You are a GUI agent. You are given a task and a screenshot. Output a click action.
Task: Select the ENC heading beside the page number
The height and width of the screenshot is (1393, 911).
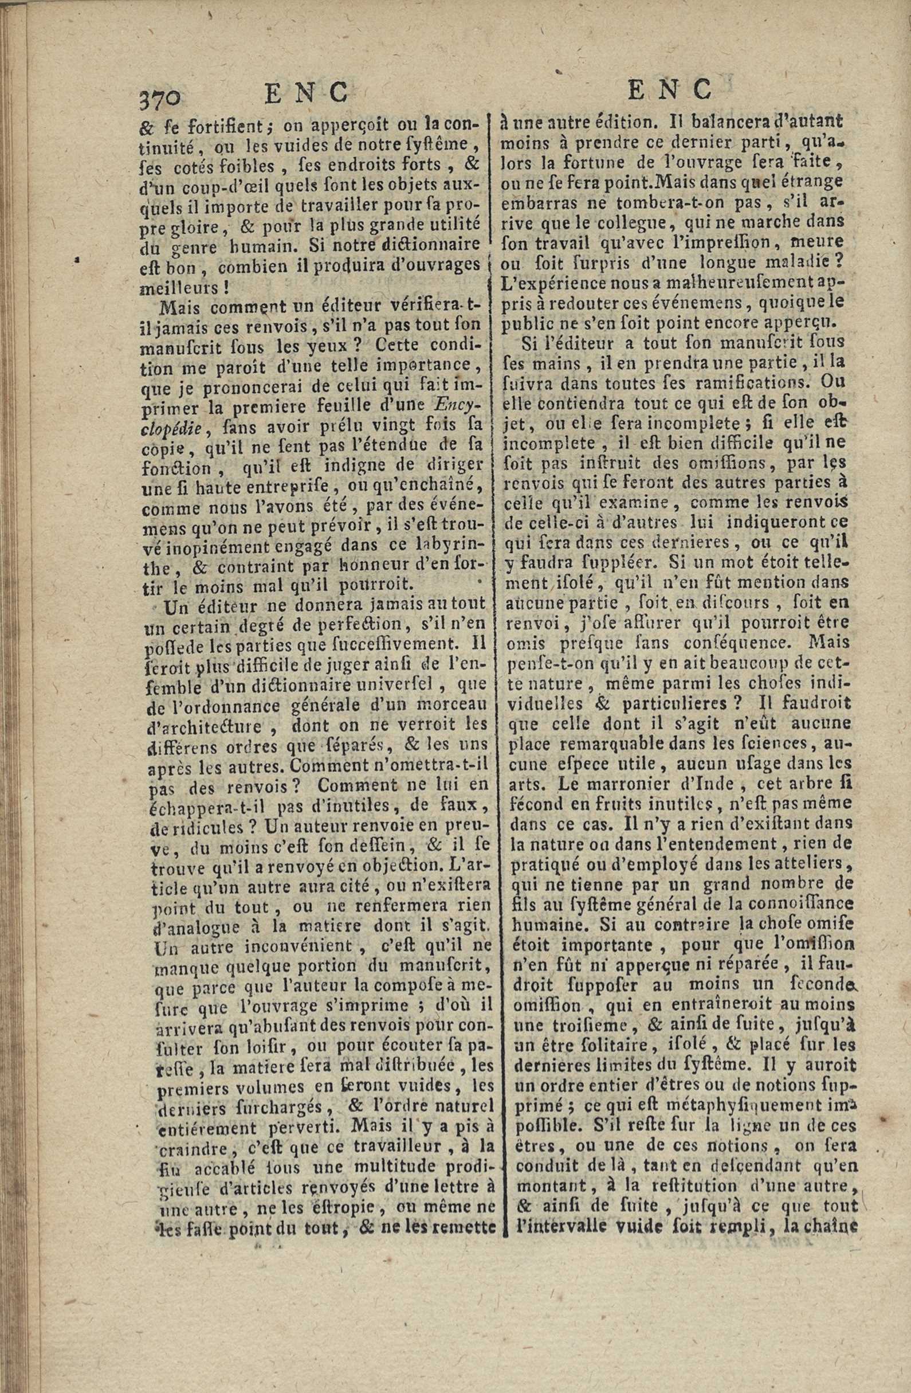pyautogui.click(x=306, y=93)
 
